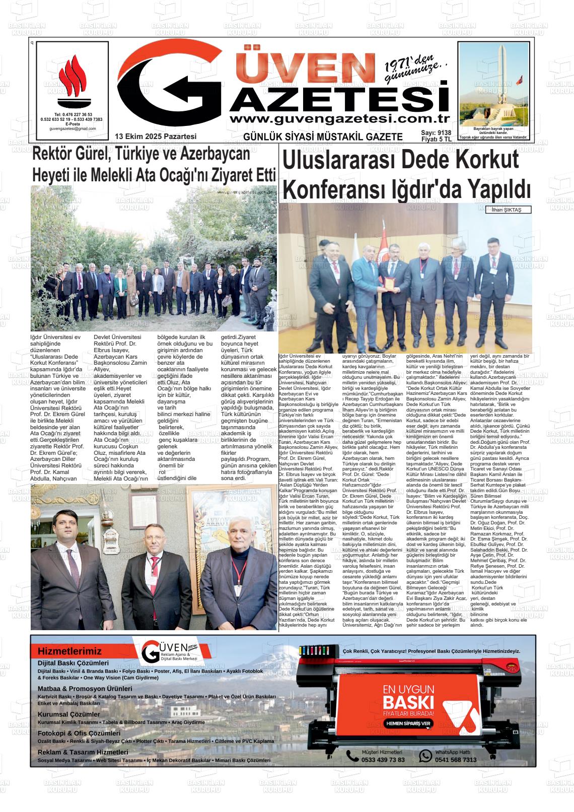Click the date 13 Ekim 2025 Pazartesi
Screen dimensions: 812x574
pyautogui.click(x=156, y=137)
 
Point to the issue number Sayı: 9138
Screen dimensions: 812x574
pyautogui.click(x=436, y=133)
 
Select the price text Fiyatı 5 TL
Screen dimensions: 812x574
pyautogui.click(x=436, y=140)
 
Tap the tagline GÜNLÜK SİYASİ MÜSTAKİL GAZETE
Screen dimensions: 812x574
pyautogui.click(x=323, y=137)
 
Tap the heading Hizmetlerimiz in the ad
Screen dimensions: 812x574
pyautogui.click(x=69, y=651)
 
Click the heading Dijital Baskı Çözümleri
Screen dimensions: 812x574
pyautogui.click(x=73, y=663)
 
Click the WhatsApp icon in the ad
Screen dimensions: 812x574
pyautogui.click(x=426, y=756)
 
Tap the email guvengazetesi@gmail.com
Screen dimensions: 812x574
pyautogui.click(x=73, y=129)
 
